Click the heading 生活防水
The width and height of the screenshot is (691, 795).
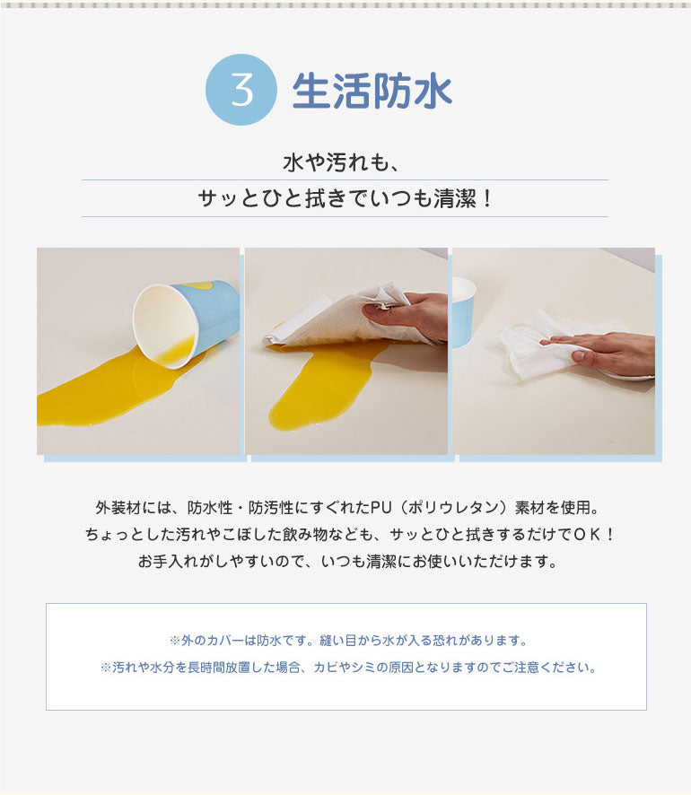click(x=372, y=92)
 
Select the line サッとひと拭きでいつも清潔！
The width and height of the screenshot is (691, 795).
click(x=345, y=198)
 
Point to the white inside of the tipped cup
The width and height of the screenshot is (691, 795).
click(x=163, y=325)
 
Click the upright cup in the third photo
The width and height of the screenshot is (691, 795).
click(x=463, y=310)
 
